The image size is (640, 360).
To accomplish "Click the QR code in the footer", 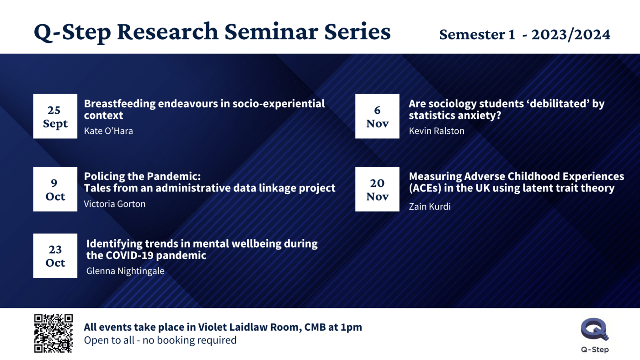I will pyautogui.click(x=53, y=333).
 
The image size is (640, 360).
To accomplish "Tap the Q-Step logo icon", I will pyautogui.click(x=595, y=330).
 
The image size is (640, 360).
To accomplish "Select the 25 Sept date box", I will pyautogui.click(x=55, y=116).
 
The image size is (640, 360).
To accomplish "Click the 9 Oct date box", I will pyautogui.click(x=55, y=189).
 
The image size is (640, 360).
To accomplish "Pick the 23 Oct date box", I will pyautogui.click(x=55, y=256).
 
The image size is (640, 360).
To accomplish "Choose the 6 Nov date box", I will pyautogui.click(x=377, y=116).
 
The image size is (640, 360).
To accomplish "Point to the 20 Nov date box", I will pyautogui.click(x=377, y=189).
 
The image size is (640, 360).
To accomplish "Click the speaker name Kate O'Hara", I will pyautogui.click(x=108, y=131).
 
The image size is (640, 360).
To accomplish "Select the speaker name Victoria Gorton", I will pyautogui.click(x=115, y=204).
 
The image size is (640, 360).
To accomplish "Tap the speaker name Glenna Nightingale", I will pyautogui.click(x=125, y=271).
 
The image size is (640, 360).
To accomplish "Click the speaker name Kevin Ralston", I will pyautogui.click(x=437, y=131).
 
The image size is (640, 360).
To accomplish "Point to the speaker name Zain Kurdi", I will pyautogui.click(x=430, y=206).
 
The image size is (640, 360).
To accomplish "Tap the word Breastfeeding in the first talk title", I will pyautogui.click(x=120, y=104).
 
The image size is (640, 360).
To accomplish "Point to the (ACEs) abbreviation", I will pyautogui.click(x=426, y=188).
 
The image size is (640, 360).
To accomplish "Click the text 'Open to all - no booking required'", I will pyautogui.click(x=160, y=340).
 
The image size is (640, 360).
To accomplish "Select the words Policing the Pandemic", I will pyautogui.click(x=142, y=176).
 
